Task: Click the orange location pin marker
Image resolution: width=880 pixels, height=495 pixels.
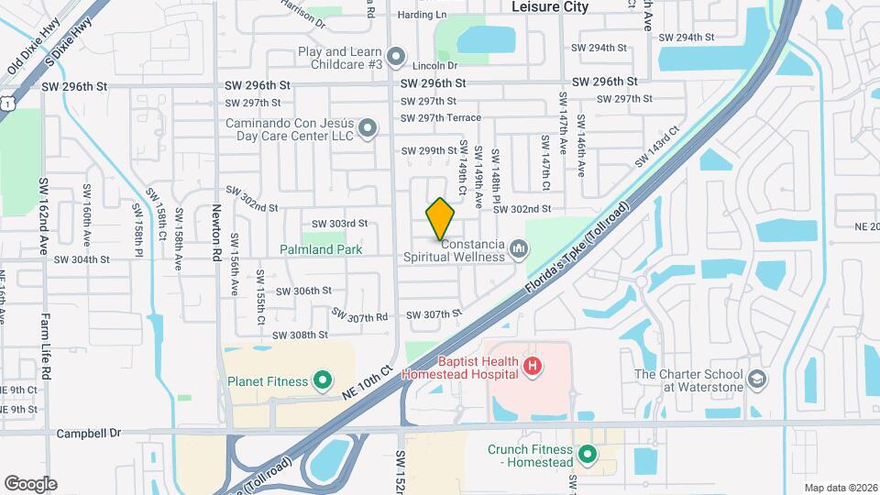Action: [x=441, y=218]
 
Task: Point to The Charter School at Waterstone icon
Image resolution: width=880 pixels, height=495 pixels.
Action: [x=757, y=379]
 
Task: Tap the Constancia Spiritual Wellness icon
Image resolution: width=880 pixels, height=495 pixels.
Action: [x=520, y=248]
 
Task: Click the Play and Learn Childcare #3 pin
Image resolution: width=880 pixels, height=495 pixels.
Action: [x=396, y=58]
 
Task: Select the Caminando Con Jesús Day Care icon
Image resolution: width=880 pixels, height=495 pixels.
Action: [x=368, y=128]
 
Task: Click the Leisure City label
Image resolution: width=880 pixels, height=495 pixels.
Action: [x=549, y=6]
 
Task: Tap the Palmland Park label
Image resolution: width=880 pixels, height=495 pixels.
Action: [x=322, y=249]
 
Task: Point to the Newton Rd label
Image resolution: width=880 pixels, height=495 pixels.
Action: [x=218, y=233]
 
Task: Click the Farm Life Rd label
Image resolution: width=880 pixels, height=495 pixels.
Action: [x=45, y=343]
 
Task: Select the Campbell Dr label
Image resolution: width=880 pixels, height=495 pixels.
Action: [x=88, y=433]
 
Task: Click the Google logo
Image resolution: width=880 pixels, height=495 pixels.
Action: [x=30, y=483]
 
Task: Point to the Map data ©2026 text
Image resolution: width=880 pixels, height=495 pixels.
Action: [x=840, y=488]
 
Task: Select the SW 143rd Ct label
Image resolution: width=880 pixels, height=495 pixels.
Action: [x=657, y=148]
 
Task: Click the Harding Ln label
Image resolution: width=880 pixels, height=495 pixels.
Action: [x=422, y=15]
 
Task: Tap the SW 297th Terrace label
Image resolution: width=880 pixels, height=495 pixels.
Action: [x=441, y=118]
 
